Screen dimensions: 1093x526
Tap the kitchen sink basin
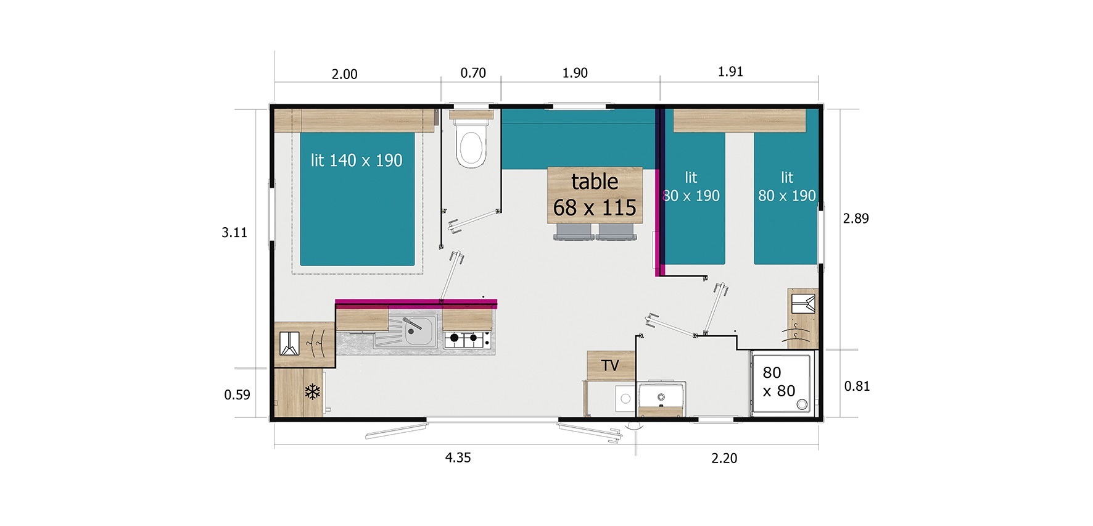(418, 332)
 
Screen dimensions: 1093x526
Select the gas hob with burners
(468, 338)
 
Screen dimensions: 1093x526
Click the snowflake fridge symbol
(313, 391)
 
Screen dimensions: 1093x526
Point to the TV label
(610, 365)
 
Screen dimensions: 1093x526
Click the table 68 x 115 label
(595, 194)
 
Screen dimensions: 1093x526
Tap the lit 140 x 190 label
(357, 161)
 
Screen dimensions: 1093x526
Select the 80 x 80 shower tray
(782, 383)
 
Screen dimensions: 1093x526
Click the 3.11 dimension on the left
(234, 232)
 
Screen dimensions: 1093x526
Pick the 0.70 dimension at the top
(473, 73)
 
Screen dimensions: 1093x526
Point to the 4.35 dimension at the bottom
(458, 457)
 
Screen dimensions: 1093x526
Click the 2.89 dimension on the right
(856, 218)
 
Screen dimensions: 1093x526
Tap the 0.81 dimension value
(857, 386)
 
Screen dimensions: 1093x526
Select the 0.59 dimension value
(237, 394)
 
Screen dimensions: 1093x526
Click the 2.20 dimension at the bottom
(724, 458)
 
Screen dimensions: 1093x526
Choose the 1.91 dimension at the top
(730, 72)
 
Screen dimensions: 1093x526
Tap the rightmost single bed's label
(787, 186)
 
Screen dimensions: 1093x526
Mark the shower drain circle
(802, 404)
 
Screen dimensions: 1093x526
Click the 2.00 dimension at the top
(344, 74)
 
